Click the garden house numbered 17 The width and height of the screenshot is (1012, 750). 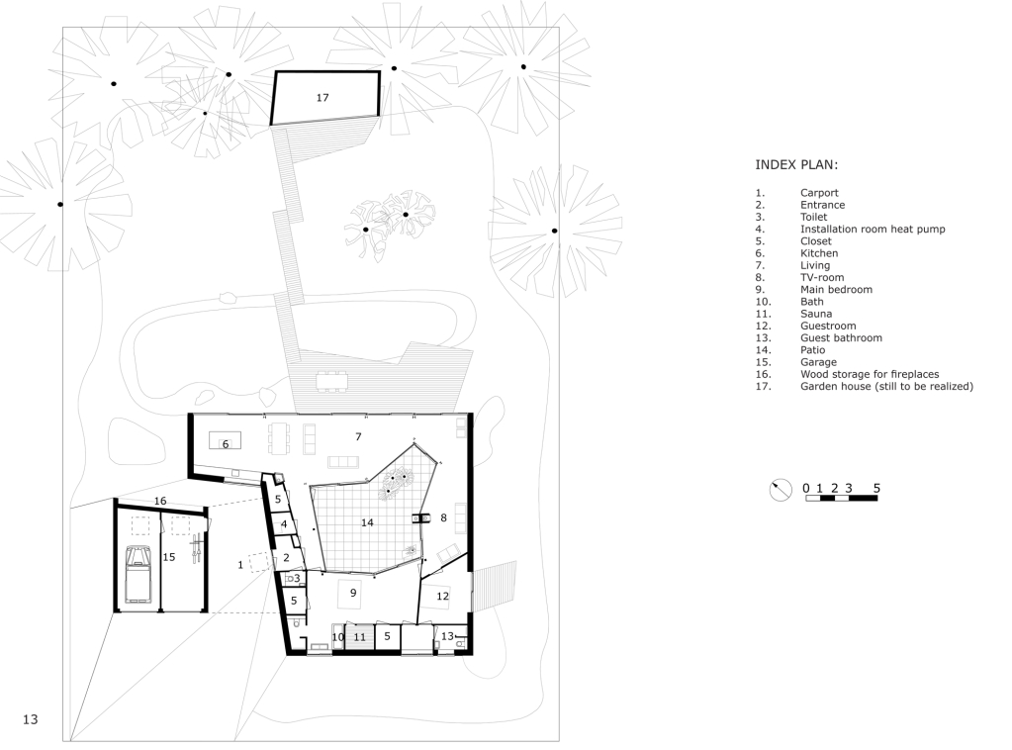[324, 98]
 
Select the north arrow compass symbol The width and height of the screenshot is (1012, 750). [781, 490]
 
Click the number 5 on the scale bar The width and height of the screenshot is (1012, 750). [876, 488]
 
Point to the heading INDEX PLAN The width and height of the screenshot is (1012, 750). [796, 164]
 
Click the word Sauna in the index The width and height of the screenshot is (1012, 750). [816, 314]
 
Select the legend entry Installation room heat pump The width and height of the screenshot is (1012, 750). [873, 230]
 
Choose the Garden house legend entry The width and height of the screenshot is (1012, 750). [886, 387]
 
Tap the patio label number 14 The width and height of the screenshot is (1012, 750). [367, 522]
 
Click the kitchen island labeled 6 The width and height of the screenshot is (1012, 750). [226, 441]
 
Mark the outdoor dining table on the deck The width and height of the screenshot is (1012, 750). [331, 380]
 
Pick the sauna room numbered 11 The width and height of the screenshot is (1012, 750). [359, 637]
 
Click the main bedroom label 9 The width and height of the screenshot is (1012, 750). [353, 592]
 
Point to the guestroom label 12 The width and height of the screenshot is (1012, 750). [442, 597]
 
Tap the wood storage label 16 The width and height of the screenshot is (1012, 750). [160, 501]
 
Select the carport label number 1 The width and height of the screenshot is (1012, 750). [240, 565]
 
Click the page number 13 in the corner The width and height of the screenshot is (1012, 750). [31, 719]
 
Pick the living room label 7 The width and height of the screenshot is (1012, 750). [358, 437]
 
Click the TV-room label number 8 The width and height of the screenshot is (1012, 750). [443, 517]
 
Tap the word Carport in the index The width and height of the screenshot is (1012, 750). [819, 193]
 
